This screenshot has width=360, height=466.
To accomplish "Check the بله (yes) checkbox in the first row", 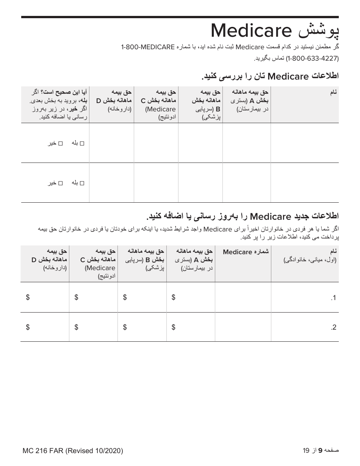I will (x=82, y=143).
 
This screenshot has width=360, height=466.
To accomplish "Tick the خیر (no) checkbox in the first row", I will (x=60, y=143).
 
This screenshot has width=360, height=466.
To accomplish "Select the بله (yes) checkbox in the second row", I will (x=82, y=183).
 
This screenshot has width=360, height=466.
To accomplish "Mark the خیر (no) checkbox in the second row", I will (x=60, y=183).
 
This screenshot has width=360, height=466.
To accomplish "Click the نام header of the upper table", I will (x=333, y=92).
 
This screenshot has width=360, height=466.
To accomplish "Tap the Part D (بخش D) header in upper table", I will (x=114, y=100).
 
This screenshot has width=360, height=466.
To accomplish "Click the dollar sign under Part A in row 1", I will (x=174, y=297).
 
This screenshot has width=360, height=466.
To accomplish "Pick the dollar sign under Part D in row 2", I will (x=28, y=327).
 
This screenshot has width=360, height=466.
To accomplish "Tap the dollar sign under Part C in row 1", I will (x=76, y=297).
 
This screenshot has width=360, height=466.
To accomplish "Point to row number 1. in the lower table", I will (x=333, y=298).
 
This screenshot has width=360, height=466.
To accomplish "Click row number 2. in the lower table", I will (x=333, y=328).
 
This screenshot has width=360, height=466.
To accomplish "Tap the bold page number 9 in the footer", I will (x=320, y=450).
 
